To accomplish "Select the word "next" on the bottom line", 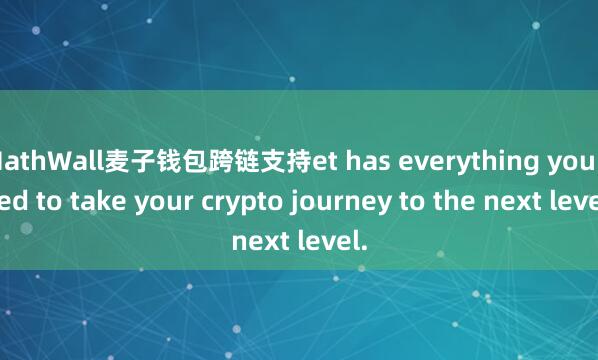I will [x=261, y=240].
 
